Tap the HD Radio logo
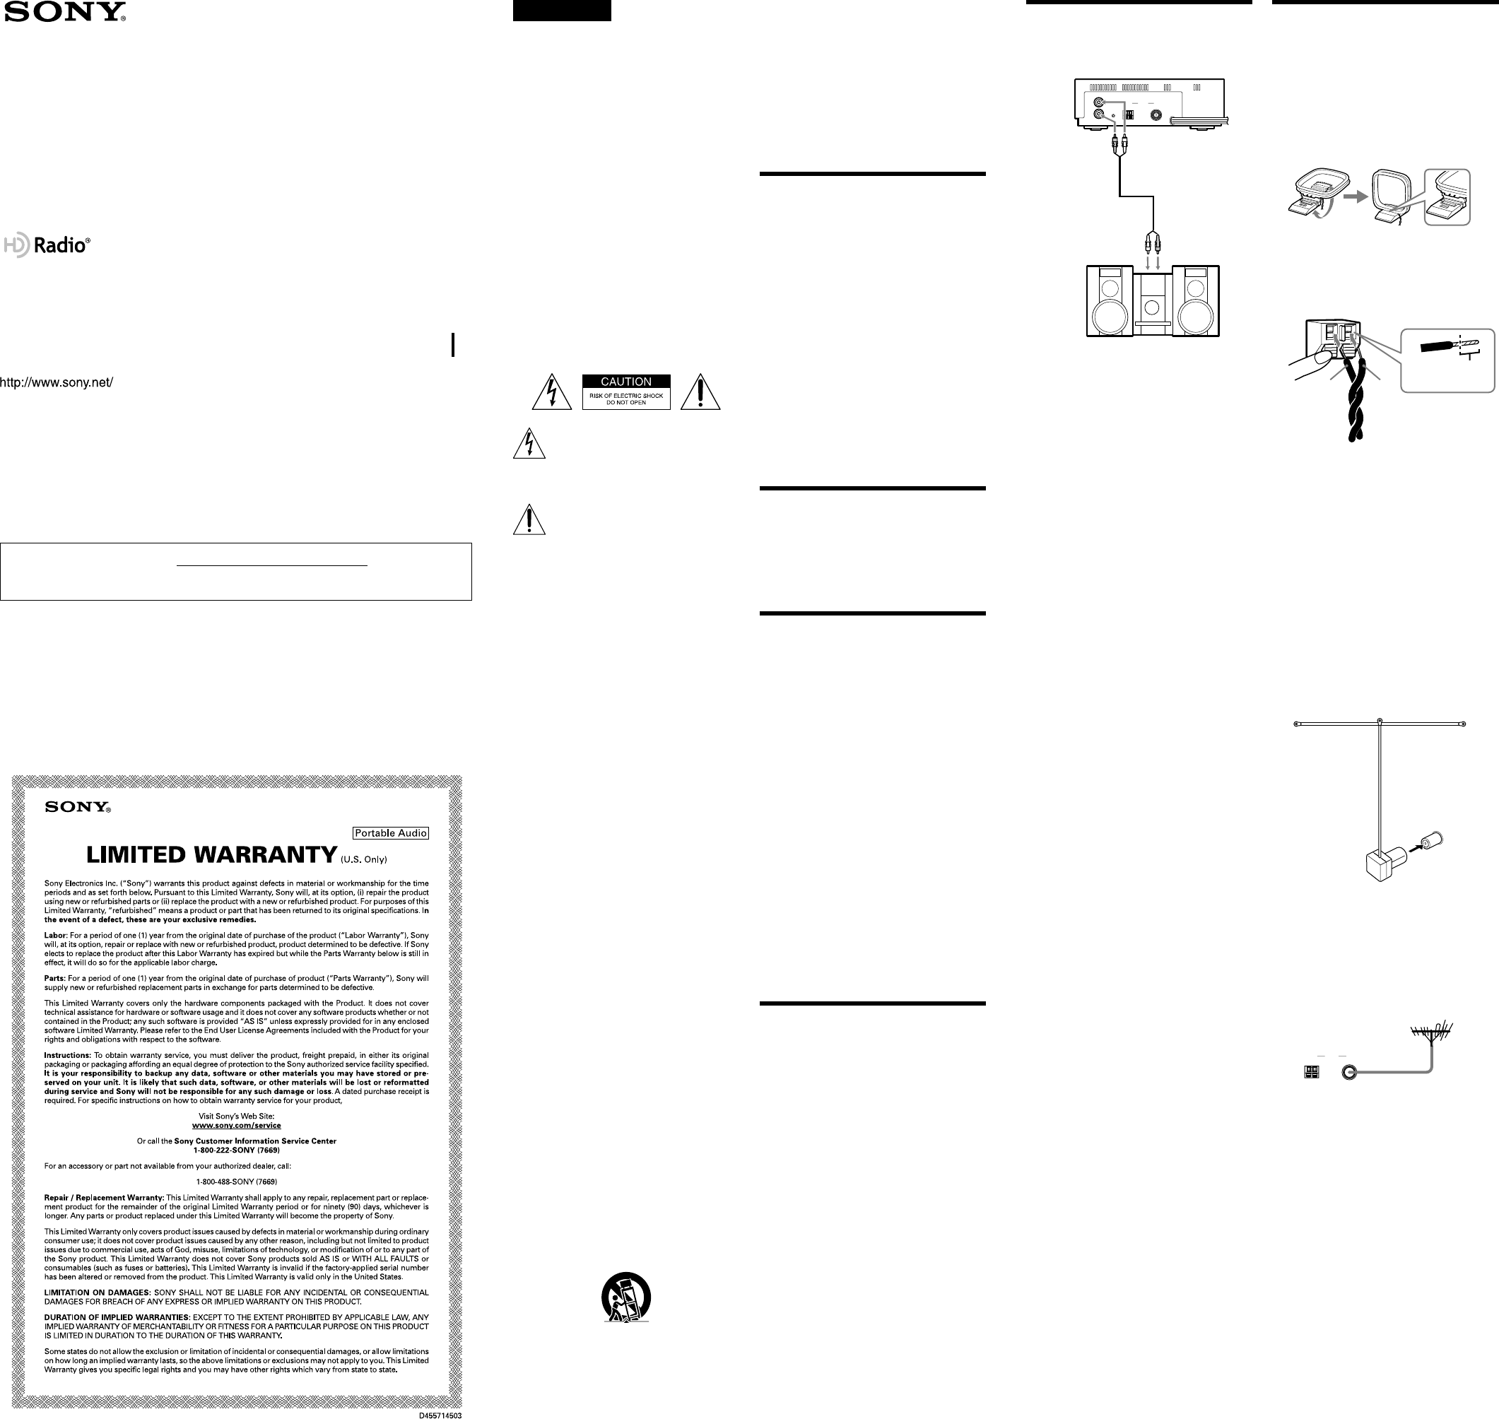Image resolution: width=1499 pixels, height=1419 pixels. [x=47, y=245]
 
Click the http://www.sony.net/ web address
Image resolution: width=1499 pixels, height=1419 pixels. [x=57, y=383]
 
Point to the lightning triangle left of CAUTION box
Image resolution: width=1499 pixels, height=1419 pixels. [x=552, y=391]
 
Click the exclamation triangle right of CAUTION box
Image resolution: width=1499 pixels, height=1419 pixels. [x=700, y=391]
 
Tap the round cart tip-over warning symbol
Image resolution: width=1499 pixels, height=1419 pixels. [x=626, y=1298]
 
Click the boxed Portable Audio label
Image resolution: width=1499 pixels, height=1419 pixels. [x=391, y=832]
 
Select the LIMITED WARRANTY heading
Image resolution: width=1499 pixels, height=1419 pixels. [x=212, y=855]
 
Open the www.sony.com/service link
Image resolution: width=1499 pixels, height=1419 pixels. [x=237, y=1126]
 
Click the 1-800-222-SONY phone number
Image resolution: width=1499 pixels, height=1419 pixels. [x=237, y=1150]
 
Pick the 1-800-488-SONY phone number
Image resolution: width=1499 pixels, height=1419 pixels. [x=237, y=1182]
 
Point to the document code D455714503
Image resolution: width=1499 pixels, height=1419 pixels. [x=440, y=1415]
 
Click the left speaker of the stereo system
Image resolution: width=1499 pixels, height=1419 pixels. [x=1110, y=301]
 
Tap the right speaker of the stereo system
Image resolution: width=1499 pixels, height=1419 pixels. [x=1196, y=301]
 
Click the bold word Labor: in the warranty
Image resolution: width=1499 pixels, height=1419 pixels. [x=56, y=936]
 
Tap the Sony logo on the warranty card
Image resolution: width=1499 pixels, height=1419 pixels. [x=78, y=806]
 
